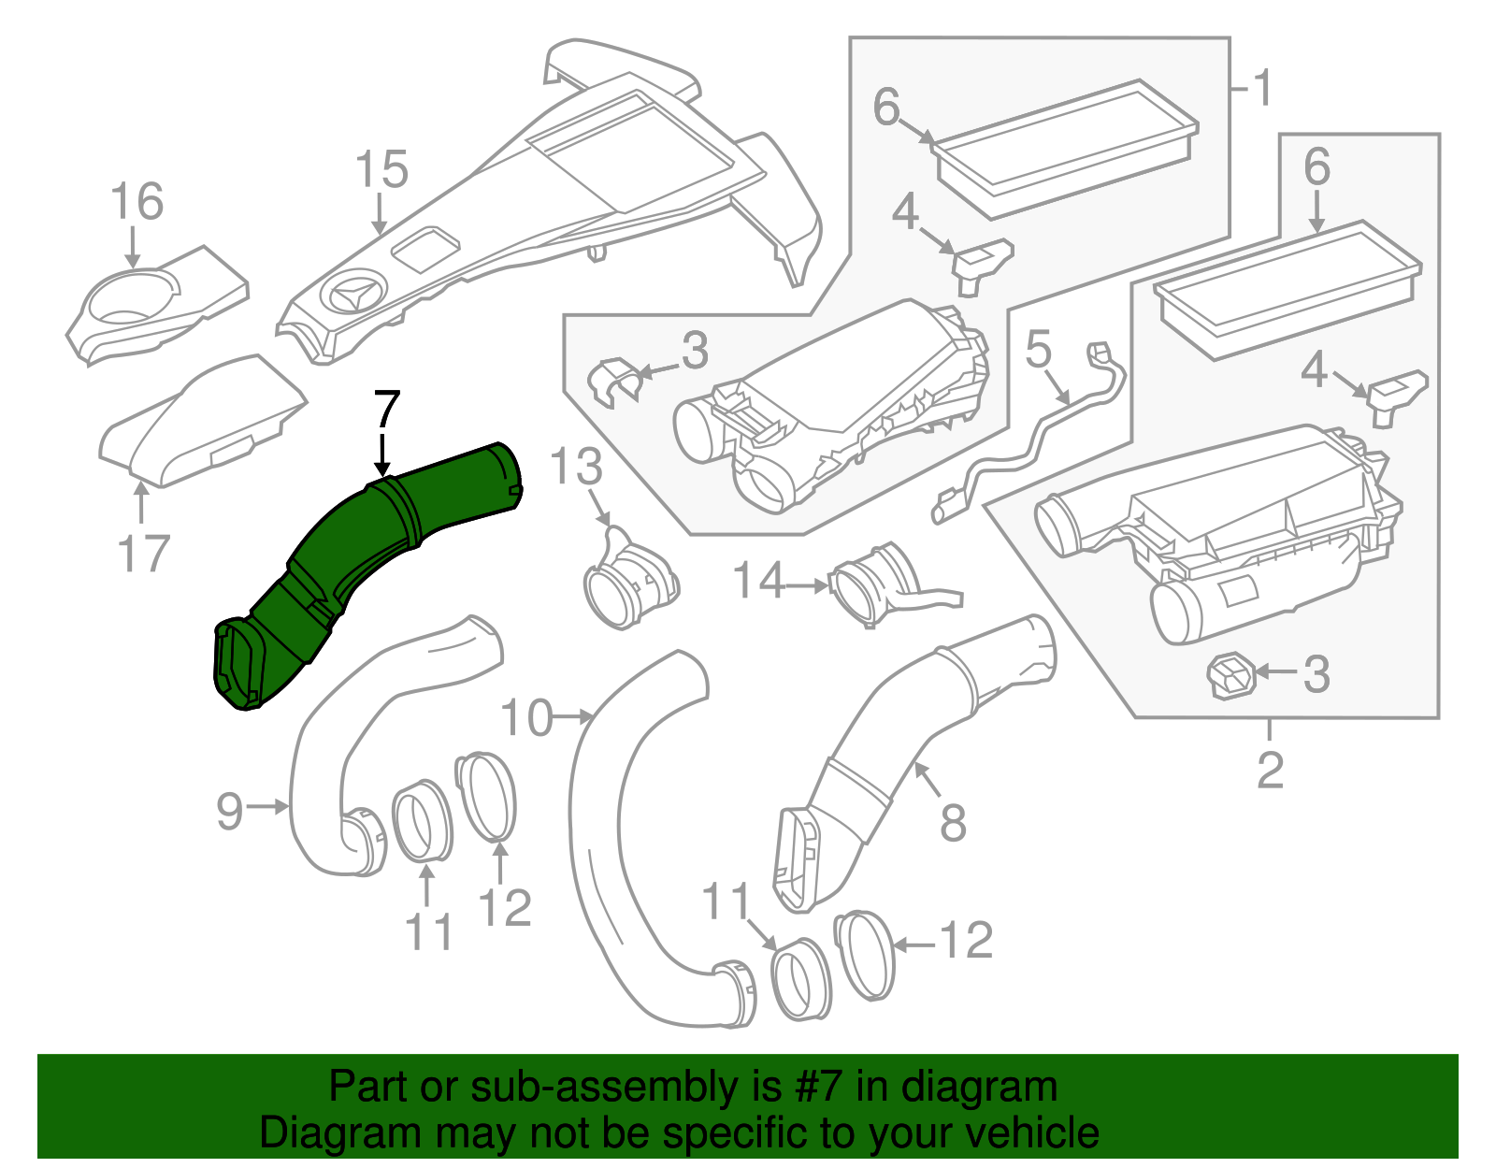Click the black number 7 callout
pos(386,411)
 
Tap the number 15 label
pos(381,170)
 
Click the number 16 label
pos(137,202)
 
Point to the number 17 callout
pos(143,554)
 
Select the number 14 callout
pos(757,582)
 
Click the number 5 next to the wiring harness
pos(1039,351)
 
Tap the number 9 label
pos(230,810)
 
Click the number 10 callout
pos(526,719)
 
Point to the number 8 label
pos(952,824)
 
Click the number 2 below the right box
pos(1270,771)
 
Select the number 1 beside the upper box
pos(1262,89)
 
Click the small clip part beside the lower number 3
pos(1230,675)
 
